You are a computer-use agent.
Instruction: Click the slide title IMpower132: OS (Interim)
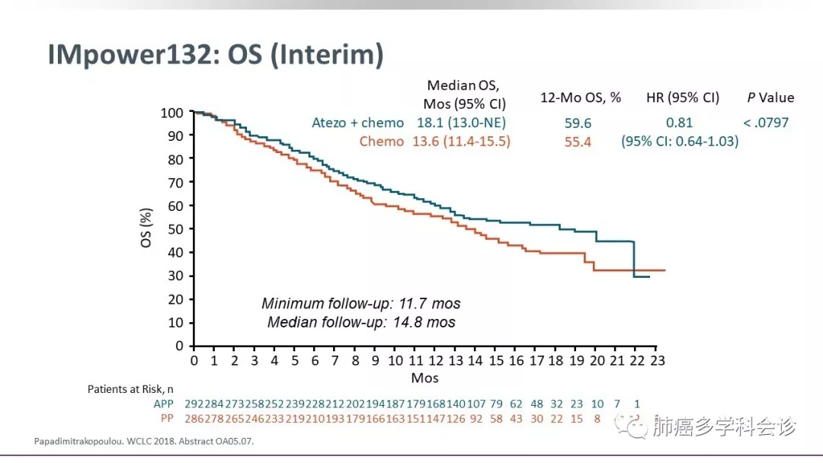pos(215,56)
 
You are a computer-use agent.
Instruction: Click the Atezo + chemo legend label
pos(357,123)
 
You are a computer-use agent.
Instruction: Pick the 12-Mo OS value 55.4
pos(578,142)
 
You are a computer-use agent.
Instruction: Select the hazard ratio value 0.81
pos(679,123)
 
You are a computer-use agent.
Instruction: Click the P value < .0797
pos(766,123)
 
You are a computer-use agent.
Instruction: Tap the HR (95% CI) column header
pos(682,97)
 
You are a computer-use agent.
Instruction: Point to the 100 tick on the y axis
pos(172,113)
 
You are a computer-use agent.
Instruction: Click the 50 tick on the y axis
pos(175,229)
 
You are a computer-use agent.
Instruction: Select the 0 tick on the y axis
pos(179,346)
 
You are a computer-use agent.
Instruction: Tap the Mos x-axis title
pos(424,378)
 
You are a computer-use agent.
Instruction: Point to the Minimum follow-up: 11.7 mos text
pos(361,304)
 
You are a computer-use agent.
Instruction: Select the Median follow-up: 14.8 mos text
pos(361,322)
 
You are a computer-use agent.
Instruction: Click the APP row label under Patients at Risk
pos(164,404)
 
